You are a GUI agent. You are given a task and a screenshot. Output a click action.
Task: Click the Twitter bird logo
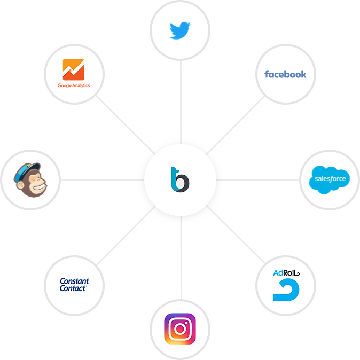point(181,30)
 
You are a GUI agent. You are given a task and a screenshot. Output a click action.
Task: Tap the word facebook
point(285,74)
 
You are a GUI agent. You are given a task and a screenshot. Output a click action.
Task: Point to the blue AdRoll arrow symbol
point(286,291)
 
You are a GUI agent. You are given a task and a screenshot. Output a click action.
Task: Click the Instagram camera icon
point(180,328)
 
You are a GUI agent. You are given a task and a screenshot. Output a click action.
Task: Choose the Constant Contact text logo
point(74,284)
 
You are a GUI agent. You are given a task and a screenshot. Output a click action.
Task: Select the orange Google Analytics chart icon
point(74,69)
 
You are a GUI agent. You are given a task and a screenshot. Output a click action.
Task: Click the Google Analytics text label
point(74,85)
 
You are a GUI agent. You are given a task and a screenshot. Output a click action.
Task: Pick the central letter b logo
point(180,179)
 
